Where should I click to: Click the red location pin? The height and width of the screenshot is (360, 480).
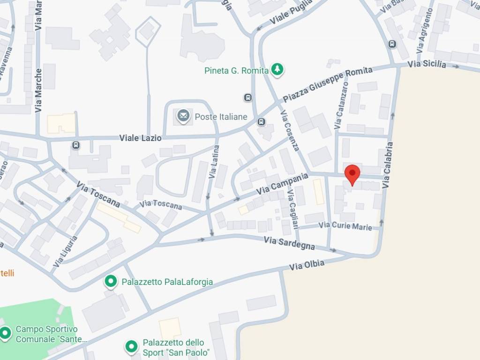click(x=352, y=174)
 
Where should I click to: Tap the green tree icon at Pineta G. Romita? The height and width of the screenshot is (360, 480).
click(x=278, y=70)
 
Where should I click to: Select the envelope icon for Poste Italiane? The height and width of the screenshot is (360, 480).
click(x=183, y=116)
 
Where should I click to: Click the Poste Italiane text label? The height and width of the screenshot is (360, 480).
click(x=221, y=117)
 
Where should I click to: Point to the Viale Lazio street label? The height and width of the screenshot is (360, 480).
click(x=140, y=138)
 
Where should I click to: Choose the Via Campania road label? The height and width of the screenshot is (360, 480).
click(x=282, y=184)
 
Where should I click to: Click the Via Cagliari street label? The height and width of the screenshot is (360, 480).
click(x=293, y=208)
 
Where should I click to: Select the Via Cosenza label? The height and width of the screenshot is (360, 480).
click(x=289, y=131)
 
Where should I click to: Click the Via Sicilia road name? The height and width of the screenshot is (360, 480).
click(x=427, y=64)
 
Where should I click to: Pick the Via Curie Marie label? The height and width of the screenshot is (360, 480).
click(x=345, y=226)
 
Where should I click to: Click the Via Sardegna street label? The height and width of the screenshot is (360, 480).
click(x=289, y=243)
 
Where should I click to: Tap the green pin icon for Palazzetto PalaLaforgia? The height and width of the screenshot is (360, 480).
click(x=111, y=281)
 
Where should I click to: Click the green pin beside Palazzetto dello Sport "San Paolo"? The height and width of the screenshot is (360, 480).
click(x=132, y=347)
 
